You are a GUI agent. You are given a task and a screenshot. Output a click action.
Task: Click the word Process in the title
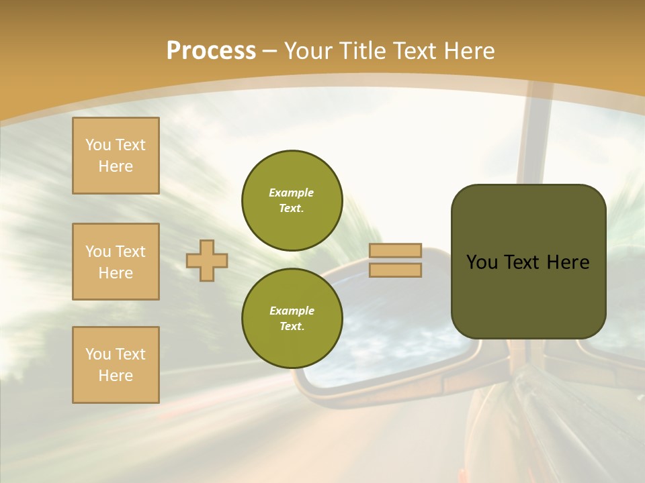(211, 51)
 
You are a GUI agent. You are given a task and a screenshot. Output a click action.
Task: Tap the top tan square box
(116, 156)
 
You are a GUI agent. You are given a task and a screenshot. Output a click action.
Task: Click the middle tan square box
(116, 262)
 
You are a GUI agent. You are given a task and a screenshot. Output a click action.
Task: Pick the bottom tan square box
(116, 365)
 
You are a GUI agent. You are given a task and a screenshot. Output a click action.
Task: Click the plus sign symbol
(207, 260)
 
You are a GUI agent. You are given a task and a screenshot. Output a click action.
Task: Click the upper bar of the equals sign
(396, 250)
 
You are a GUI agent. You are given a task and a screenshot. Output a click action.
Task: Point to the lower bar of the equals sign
(396, 270)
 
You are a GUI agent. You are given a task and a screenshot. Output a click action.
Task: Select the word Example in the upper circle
(292, 193)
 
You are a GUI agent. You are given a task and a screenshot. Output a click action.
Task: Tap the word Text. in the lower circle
(292, 326)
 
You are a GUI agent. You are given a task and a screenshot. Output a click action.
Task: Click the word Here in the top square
(116, 166)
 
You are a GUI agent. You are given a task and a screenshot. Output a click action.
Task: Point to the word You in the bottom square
(98, 354)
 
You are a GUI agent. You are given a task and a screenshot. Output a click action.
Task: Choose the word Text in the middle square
(130, 252)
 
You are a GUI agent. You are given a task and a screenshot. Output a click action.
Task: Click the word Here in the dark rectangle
(568, 262)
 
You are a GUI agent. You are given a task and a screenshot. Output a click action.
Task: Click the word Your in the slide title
(308, 51)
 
